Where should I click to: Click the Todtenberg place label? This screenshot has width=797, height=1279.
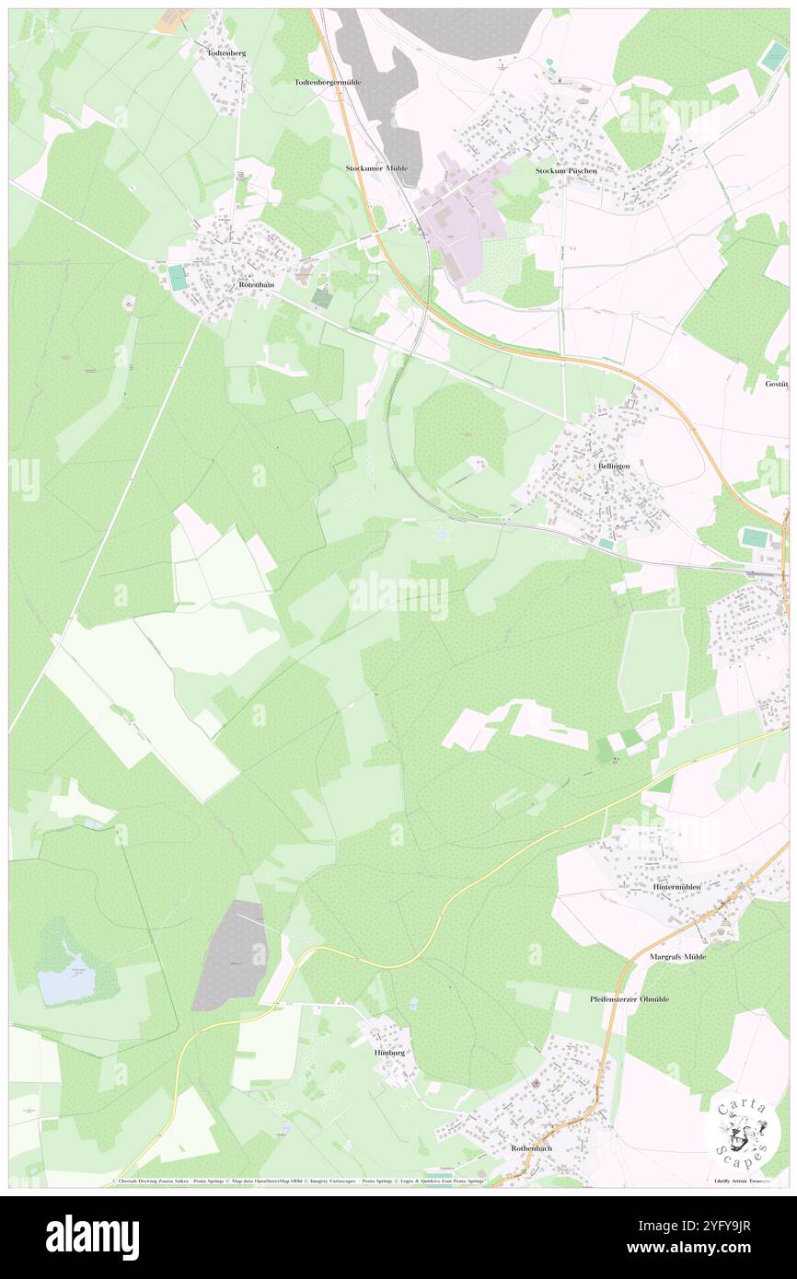click(226, 53)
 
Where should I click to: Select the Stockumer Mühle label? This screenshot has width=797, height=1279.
click(376, 169)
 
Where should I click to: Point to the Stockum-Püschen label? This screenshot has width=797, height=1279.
click(566, 171)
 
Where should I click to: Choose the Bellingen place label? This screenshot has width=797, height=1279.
click(614, 467)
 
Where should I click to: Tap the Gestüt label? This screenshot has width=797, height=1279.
click(776, 384)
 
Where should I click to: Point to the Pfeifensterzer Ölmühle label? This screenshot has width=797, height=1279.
click(630, 998)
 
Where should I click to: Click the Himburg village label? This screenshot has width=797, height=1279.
click(389, 1052)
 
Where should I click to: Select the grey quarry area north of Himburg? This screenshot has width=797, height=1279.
click(233, 954)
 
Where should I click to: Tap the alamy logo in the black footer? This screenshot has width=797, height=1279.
click(92, 1237)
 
